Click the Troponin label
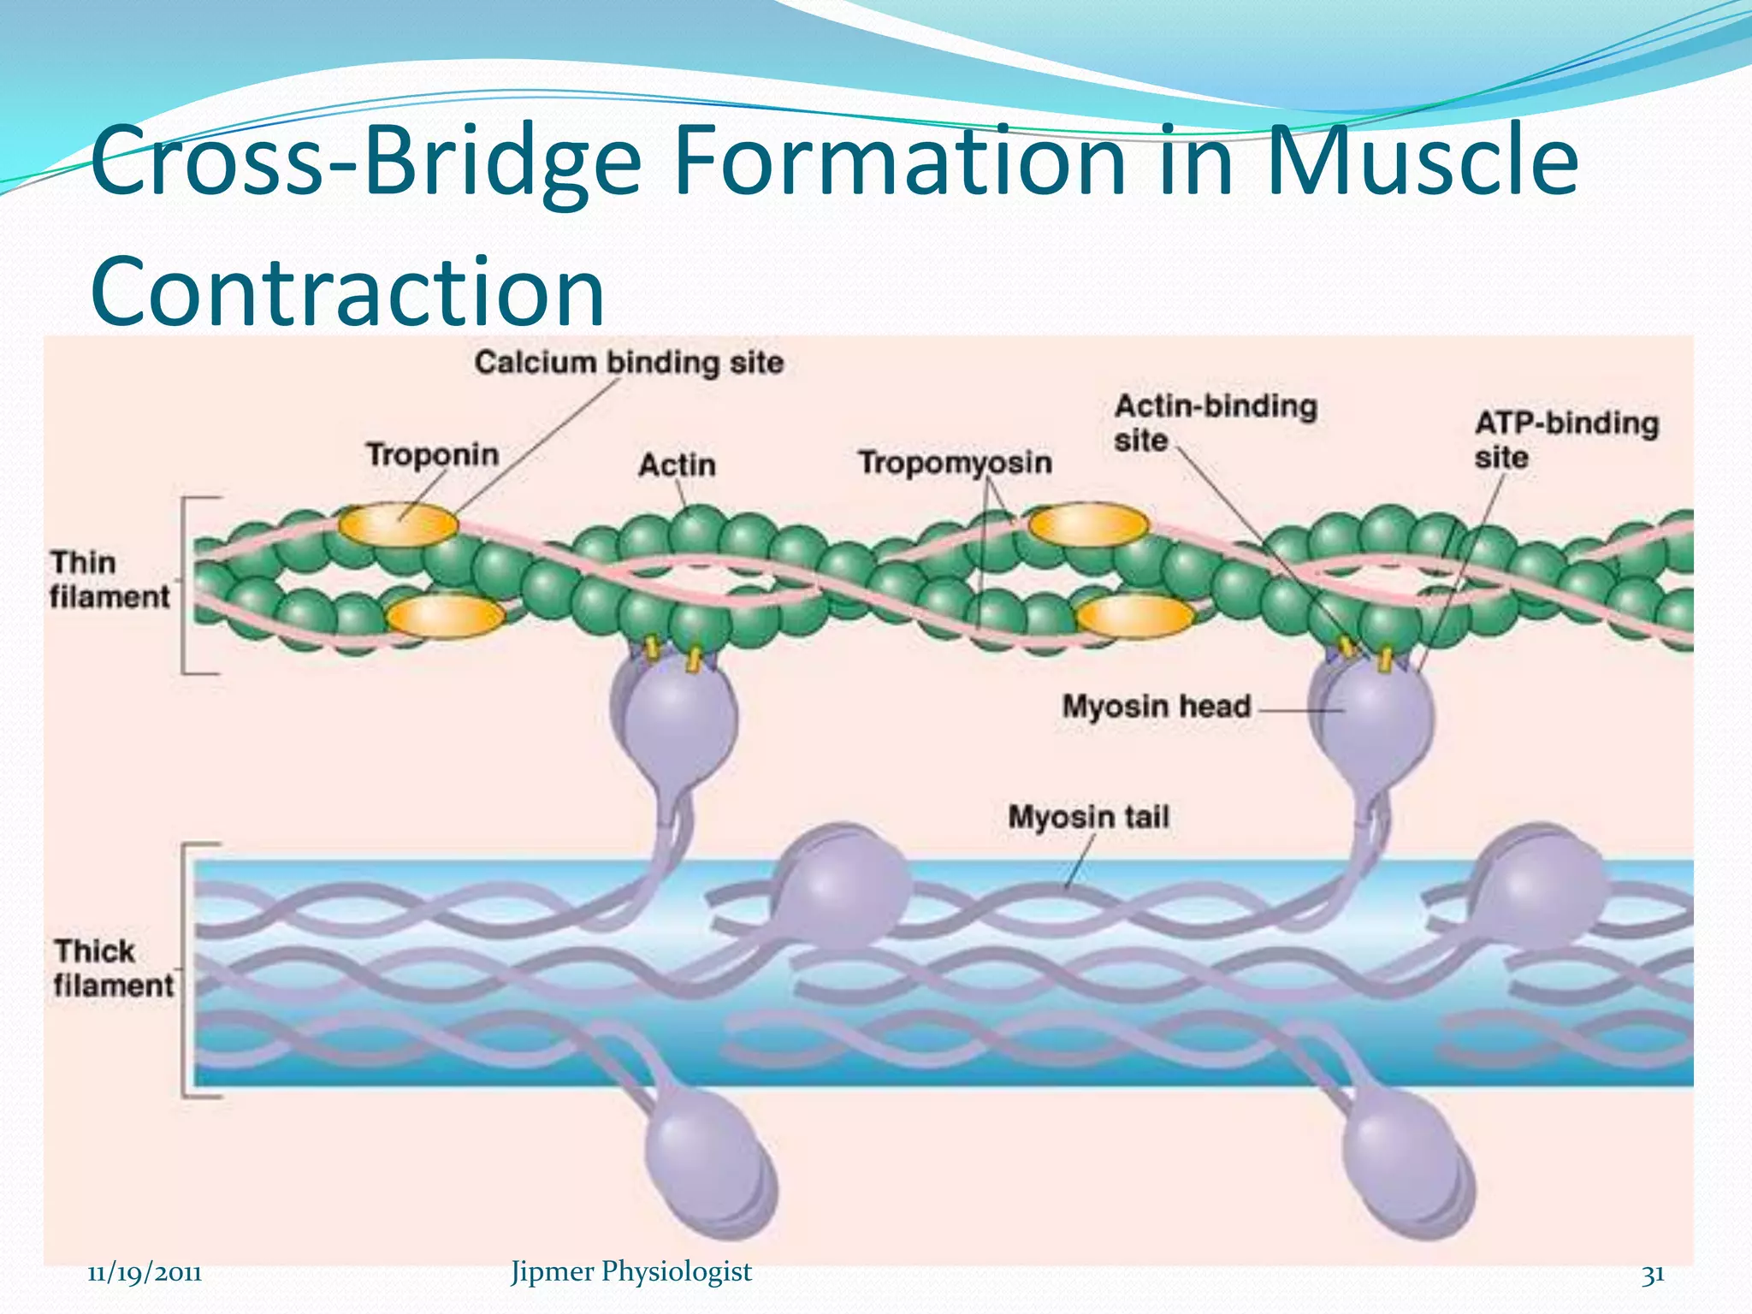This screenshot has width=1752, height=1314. click(432, 454)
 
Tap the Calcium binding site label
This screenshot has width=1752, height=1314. click(629, 363)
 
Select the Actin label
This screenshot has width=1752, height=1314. click(677, 465)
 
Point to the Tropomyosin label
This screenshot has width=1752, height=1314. click(955, 463)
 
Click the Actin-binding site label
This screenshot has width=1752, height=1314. click(1215, 423)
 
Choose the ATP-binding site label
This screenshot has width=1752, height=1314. click(1566, 440)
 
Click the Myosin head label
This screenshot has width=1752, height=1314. click(1156, 707)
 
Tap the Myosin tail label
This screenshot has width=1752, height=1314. click(1088, 817)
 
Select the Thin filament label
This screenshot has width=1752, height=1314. click(109, 580)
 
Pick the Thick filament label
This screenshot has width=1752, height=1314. click(112, 968)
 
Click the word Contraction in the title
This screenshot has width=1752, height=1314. click(347, 291)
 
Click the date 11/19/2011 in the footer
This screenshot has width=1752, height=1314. click(145, 1273)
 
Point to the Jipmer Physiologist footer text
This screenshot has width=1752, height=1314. click(630, 1271)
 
